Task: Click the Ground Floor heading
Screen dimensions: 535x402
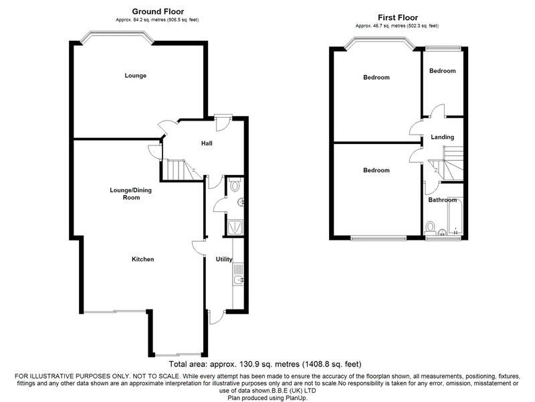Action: [x=158, y=11]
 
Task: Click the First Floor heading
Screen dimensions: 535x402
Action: [x=398, y=17]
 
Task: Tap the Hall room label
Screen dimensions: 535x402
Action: [x=207, y=143]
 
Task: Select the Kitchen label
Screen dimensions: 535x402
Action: [x=142, y=259]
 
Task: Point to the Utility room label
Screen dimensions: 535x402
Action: [x=224, y=259]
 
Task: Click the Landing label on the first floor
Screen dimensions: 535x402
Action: [x=442, y=137]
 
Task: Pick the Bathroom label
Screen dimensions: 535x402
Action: [x=442, y=200]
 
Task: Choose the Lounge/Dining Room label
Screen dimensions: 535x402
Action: [x=130, y=194]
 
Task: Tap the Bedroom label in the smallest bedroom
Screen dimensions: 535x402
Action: [x=442, y=71]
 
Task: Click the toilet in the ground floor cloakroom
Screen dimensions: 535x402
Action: [x=235, y=185]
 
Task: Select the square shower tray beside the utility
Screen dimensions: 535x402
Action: [x=235, y=227]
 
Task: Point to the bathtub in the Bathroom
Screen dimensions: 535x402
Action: [x=455, y=216]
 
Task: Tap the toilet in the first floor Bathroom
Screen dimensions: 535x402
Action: [x=430, y=228]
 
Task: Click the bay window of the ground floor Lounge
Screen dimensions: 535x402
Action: [x=116, y=37]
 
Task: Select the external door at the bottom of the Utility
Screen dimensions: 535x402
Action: [x=215, y=316]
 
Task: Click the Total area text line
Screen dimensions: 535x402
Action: [x=265, y=364]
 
